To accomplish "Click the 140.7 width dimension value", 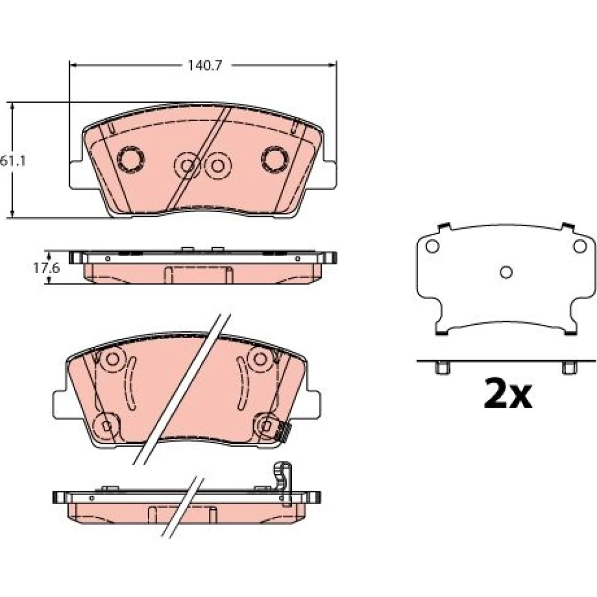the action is pyautogui.click(x=204, y=66).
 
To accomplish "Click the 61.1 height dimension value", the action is pyautogui.click(x=13, y=161).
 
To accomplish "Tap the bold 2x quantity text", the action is pyautogui.click(x=507, y=393).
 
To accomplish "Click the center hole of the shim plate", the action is pyautogui.click(x=506, y=272).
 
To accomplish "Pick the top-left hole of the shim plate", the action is pyautogui.click(x=432, y=247).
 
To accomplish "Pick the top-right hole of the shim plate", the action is pyautogui.click(x=580, y=247).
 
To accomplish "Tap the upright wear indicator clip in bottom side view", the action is pyautogui.click(x=283, y=484).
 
